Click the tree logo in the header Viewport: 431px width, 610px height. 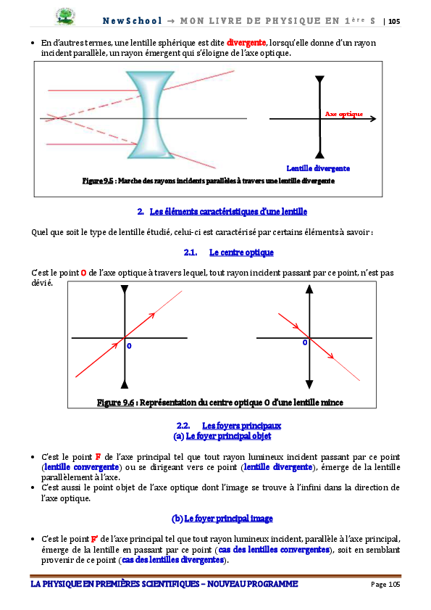[x=65, y=17]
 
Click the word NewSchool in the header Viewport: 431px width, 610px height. [x=132, y=20]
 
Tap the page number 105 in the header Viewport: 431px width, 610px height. [x=394, y=21]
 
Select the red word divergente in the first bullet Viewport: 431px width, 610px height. [x=246, y=43]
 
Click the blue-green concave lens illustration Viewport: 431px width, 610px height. [x=151, y=115]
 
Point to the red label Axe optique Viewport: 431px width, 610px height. [x=344, y=114]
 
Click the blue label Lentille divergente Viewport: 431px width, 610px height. [x=318, y=168]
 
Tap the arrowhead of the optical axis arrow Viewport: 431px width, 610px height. [x=374, y=119]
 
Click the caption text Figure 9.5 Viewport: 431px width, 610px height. [x=98, y=181]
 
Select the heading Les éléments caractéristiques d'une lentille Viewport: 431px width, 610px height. [x=228, y=212]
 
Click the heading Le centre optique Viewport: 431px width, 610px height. [x=241, y=252]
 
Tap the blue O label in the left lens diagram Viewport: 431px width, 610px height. [x=129, y=346]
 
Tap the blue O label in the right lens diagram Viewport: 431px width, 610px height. [x=305, y=342]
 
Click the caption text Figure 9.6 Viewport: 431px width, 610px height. [x=115, y=403]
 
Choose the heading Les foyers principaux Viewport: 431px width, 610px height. [x=241, y=426]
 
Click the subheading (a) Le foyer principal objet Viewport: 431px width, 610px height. [x=222, y=436]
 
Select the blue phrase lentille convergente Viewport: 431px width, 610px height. [x=82, y=467]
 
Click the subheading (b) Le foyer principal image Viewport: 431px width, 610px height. [x=222, y=519]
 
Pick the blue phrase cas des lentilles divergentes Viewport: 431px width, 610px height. [x=173, y=560]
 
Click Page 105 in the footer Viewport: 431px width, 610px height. [x=385, y=585]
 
